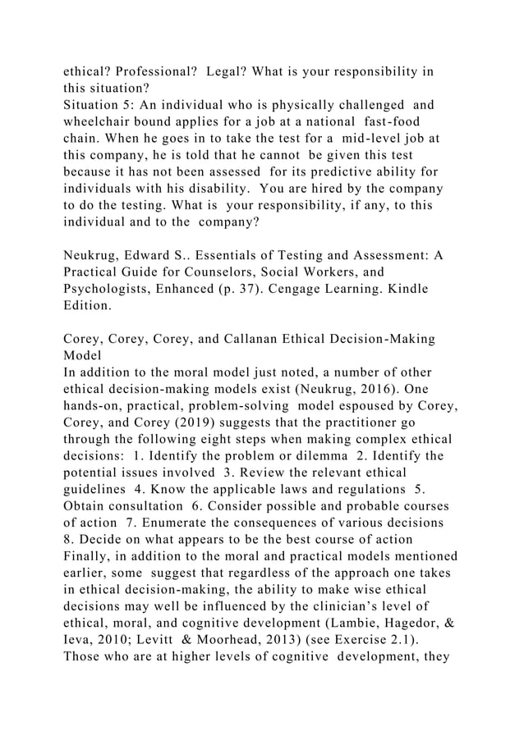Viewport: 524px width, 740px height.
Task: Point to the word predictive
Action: coord(346,173)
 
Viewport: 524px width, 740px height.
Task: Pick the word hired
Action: coord(376,190)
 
